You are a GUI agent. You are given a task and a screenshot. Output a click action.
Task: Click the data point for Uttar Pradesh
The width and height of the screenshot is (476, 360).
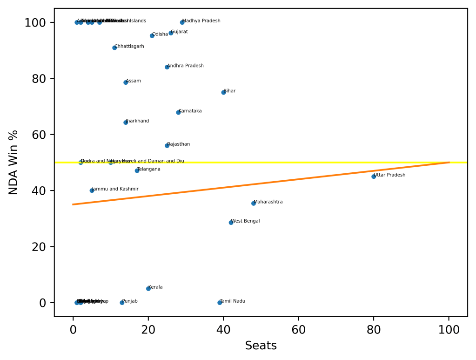(x=374, y=177)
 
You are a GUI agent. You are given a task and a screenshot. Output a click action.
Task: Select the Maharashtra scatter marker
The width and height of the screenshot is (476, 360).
(x=254, y=204)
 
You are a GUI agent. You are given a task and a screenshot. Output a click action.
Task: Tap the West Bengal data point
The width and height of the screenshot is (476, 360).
(x=231, y=223)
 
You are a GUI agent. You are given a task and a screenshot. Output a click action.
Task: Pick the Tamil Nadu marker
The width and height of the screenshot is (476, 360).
(x=220, y=303)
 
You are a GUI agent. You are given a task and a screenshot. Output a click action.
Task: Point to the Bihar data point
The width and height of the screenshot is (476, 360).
(x=223, y=92)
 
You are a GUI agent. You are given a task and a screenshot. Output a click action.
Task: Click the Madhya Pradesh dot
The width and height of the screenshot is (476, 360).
(x=182, y=22)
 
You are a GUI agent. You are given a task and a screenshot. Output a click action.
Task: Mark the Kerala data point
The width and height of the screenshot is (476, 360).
(x=148, y=289)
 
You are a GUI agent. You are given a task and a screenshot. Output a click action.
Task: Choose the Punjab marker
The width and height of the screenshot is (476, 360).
(x=122, y=303)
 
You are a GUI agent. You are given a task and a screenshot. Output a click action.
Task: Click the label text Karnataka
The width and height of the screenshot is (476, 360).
(x=190, y=111)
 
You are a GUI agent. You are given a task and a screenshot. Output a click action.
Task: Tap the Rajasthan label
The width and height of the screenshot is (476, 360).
(x=179, y=144)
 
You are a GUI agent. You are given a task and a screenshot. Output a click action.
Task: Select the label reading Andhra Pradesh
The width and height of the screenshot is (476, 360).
(x=185, y=66)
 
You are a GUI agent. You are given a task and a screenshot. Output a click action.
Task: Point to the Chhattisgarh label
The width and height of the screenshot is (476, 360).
(x=129, y=47)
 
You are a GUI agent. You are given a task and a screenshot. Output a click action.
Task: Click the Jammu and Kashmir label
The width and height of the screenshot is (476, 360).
(x=115, y=189)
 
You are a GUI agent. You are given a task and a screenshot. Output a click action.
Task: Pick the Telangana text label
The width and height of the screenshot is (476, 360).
(x=149, y=169)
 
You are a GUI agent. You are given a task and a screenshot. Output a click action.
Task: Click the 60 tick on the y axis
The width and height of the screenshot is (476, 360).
(x=39, y=135)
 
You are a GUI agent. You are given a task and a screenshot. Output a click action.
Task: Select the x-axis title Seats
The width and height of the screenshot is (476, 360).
(x=261, y=346)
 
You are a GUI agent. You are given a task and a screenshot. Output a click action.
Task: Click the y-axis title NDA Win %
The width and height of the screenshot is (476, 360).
(x=14, y=163)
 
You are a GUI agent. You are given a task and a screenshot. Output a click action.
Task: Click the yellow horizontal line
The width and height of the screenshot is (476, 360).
(x=326, y=163)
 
